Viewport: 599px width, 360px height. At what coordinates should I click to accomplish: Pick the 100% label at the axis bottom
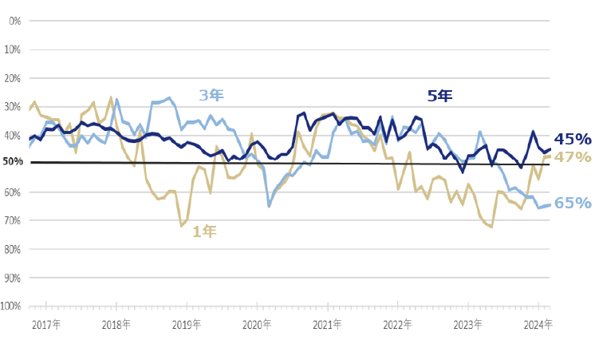(10, 306)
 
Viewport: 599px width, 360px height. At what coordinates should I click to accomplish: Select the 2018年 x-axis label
(116, 325)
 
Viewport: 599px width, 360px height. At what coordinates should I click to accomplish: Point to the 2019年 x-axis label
(187, 325)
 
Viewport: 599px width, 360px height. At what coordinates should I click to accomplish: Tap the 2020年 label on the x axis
(257, 325)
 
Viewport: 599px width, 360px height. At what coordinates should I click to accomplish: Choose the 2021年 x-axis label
(327, 325)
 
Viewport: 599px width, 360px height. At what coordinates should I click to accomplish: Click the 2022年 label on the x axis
(396, 325)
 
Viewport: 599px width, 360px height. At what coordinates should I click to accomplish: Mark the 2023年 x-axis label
(467, 325)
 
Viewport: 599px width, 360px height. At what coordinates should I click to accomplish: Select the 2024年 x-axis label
(537, 325)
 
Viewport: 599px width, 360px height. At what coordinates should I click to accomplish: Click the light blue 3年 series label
(211, 96)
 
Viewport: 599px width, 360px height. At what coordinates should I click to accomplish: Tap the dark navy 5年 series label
(439, 96)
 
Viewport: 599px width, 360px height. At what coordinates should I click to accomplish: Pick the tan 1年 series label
(204, 232)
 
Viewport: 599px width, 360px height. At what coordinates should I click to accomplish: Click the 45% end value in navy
(573, 139)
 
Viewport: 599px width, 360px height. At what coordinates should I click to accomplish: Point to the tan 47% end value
(573, 157)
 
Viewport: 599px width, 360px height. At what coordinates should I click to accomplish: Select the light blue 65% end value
(573, 204)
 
